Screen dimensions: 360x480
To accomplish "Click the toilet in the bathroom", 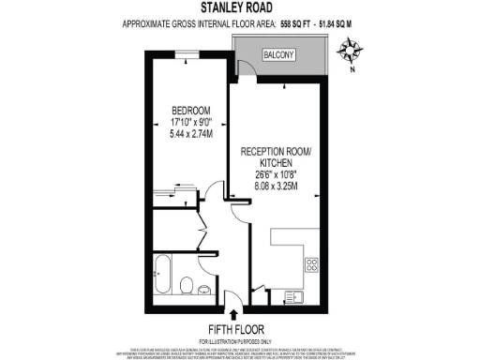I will tap(187, 285).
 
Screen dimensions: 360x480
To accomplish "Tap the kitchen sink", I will tap(294, 297).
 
